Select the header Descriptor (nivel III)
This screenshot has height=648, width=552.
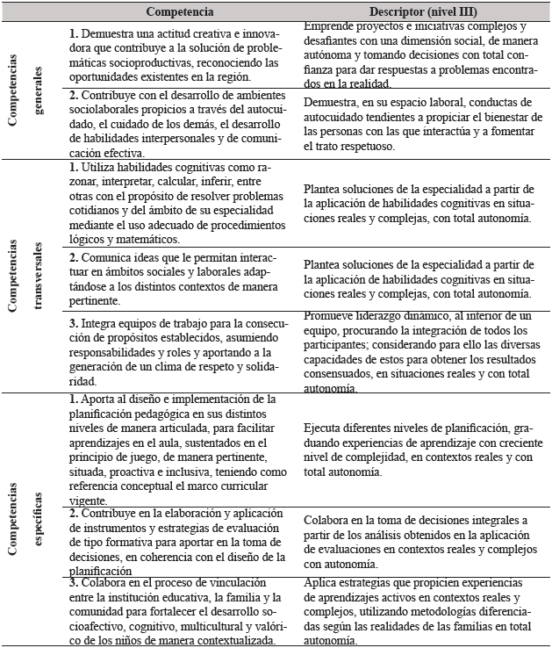pyautogui.click(x=421, y=12)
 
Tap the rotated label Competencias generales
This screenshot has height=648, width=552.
pyautogui.click(x=29, y=90)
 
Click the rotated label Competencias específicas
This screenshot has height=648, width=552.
pyautogui.click(x=29, y=518)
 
